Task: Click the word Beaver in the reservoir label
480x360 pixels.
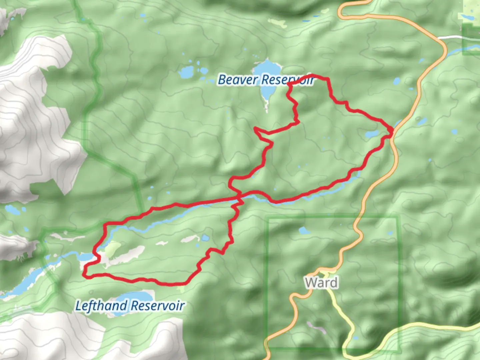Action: tap(238, 80)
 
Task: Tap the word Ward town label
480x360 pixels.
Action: tap(321, 283)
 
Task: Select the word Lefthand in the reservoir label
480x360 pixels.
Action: tap(101, 306)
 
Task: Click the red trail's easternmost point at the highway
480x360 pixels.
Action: tap(392, 132)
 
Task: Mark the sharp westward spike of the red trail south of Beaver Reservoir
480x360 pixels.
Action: tap(255, 128)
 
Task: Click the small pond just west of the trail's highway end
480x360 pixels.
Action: tap(371, 134)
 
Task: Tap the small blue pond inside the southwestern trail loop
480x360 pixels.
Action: tap(205, 238)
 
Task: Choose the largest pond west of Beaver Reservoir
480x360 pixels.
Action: tap(186, 71)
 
